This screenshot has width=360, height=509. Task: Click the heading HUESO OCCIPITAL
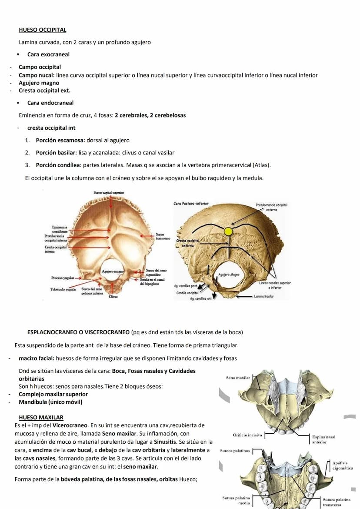43,30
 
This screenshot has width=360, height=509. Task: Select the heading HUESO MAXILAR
41,417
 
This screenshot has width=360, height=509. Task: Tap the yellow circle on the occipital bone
228,231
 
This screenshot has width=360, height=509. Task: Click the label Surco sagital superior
109,192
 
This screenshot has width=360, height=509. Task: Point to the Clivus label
113,297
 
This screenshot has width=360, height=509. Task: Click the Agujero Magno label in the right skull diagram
228,275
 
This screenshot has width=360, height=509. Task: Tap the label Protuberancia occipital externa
272,207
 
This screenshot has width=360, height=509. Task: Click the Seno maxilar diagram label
238,378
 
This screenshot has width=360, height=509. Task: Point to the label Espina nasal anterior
323,439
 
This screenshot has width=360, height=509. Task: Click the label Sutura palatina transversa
337,502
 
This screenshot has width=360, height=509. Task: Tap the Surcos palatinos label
235,451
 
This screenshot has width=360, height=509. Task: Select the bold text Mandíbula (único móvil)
50,402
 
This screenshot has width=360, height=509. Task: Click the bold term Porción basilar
56,153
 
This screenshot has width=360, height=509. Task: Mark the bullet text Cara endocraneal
50,103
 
